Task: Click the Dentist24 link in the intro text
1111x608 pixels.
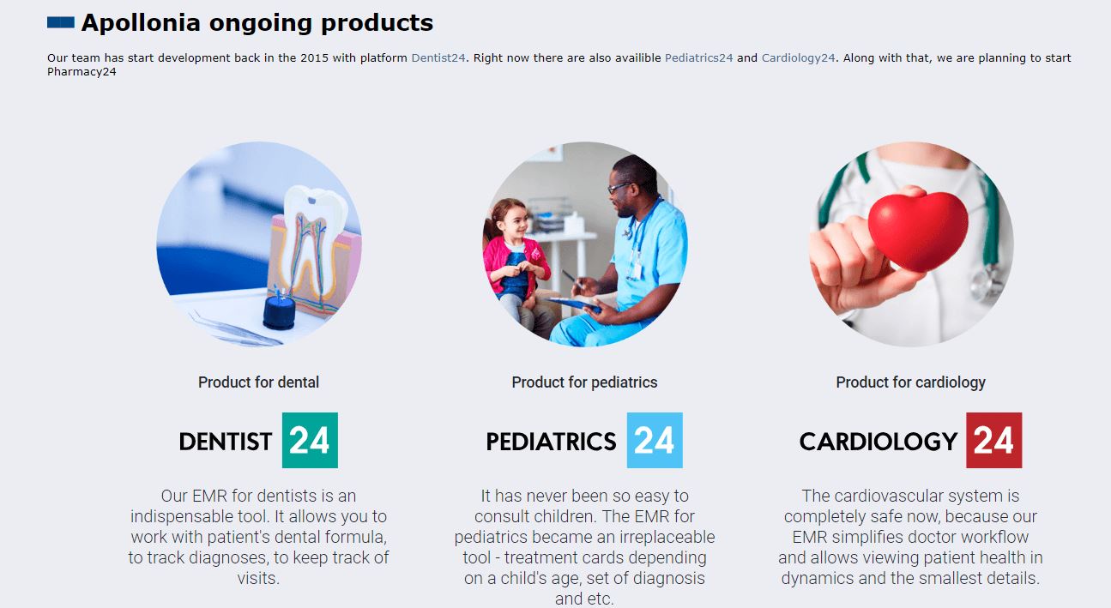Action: pos(438,58)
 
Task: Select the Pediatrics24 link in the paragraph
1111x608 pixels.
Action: pos(698,58)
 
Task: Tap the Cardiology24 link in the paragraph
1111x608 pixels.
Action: pos(798,58)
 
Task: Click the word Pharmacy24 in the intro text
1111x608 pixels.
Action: pos(82,72)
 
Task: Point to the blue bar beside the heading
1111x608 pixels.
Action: pos(61,22)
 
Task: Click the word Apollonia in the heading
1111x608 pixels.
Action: pos(141,23)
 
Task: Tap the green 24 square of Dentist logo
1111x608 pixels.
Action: pos(310,441)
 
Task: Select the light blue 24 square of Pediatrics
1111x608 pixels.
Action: pos(655,441)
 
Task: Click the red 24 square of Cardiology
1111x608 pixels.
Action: pos(994,441)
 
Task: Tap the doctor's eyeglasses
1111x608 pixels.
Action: pos(620,188)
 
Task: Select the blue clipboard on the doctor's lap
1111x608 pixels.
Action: pos(576,304)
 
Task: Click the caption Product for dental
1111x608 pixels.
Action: pos(258,382)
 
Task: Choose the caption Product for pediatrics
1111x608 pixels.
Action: pos(584,382)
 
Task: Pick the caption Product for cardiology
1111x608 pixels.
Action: pos(910,382)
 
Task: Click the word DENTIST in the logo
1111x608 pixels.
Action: pos(226,442)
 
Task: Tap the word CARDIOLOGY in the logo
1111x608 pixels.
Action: pos(879,442)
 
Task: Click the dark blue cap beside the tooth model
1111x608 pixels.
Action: pos(279,312)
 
